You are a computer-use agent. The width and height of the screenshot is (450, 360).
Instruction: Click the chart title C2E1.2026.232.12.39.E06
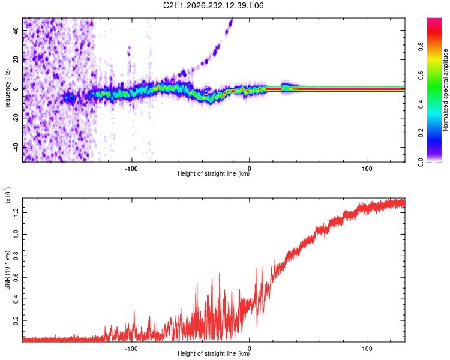(213, 5)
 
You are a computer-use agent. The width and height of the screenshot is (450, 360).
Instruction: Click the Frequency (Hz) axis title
(7, 89)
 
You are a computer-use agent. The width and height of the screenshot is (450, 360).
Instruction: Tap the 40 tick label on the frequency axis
(16, 30)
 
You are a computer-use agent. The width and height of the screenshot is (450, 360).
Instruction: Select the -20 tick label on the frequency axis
(16, 117)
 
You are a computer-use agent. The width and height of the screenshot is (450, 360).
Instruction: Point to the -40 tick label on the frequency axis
(16, 146)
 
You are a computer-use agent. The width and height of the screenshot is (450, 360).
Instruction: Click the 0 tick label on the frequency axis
(16, 89)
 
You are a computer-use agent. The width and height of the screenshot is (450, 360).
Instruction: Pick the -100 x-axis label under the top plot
(131, 169)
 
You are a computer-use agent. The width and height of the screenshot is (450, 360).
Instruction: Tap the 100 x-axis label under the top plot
(367, 169)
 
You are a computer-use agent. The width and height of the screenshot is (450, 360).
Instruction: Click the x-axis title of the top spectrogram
(214, 173)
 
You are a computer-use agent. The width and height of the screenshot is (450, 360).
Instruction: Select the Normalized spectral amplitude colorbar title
(445, 90)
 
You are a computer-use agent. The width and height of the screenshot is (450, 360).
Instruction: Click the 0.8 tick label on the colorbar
(421, 46)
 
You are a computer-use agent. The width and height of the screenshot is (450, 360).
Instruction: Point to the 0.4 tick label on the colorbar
(421, 104)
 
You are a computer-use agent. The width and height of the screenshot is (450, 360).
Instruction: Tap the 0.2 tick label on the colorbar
(421, 133)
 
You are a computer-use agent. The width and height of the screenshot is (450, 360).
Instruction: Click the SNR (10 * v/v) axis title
(7, 270)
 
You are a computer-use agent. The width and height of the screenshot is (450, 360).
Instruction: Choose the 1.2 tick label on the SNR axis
(16, 212)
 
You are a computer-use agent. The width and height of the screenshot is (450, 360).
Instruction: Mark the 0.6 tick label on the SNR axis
(16, 277)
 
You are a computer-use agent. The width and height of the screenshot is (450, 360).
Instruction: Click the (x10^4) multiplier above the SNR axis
(8, 195)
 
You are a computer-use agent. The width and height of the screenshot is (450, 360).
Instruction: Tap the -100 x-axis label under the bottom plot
(131, 349)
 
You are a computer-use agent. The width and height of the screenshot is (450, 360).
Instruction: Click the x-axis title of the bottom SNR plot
(214, 353)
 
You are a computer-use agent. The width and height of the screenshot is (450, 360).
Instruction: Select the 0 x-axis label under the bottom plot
(249, 349)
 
